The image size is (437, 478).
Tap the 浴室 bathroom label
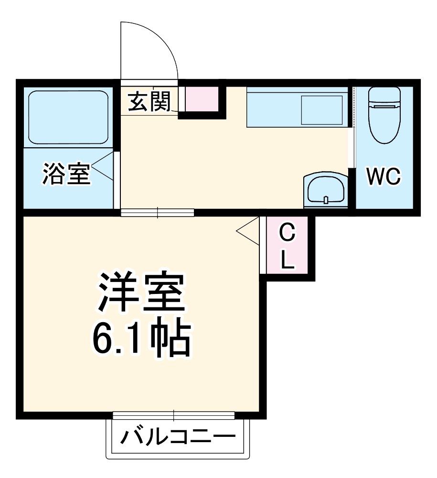pyautogui.click(x=66, y=174)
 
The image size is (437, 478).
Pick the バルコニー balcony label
pyautogui.click(x=178, y=436)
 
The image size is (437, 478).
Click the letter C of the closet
pyautogui.click(x=287, y=235)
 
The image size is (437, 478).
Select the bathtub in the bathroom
pyautogui.click(x=67, y=118)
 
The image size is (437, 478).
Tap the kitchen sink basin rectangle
pyautogui.click(x=321, y=110)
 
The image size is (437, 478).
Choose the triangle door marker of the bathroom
pyautogui.click(x=104, y=166)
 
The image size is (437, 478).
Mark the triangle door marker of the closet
pyautogui.click(x=249, y=231)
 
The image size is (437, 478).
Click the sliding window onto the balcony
pyautogui.click(x=174, y=415)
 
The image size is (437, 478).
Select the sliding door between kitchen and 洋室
pyautogui.click(x=158, y=212)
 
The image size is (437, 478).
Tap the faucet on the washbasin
pyautogui.click(x=326, y=199)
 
